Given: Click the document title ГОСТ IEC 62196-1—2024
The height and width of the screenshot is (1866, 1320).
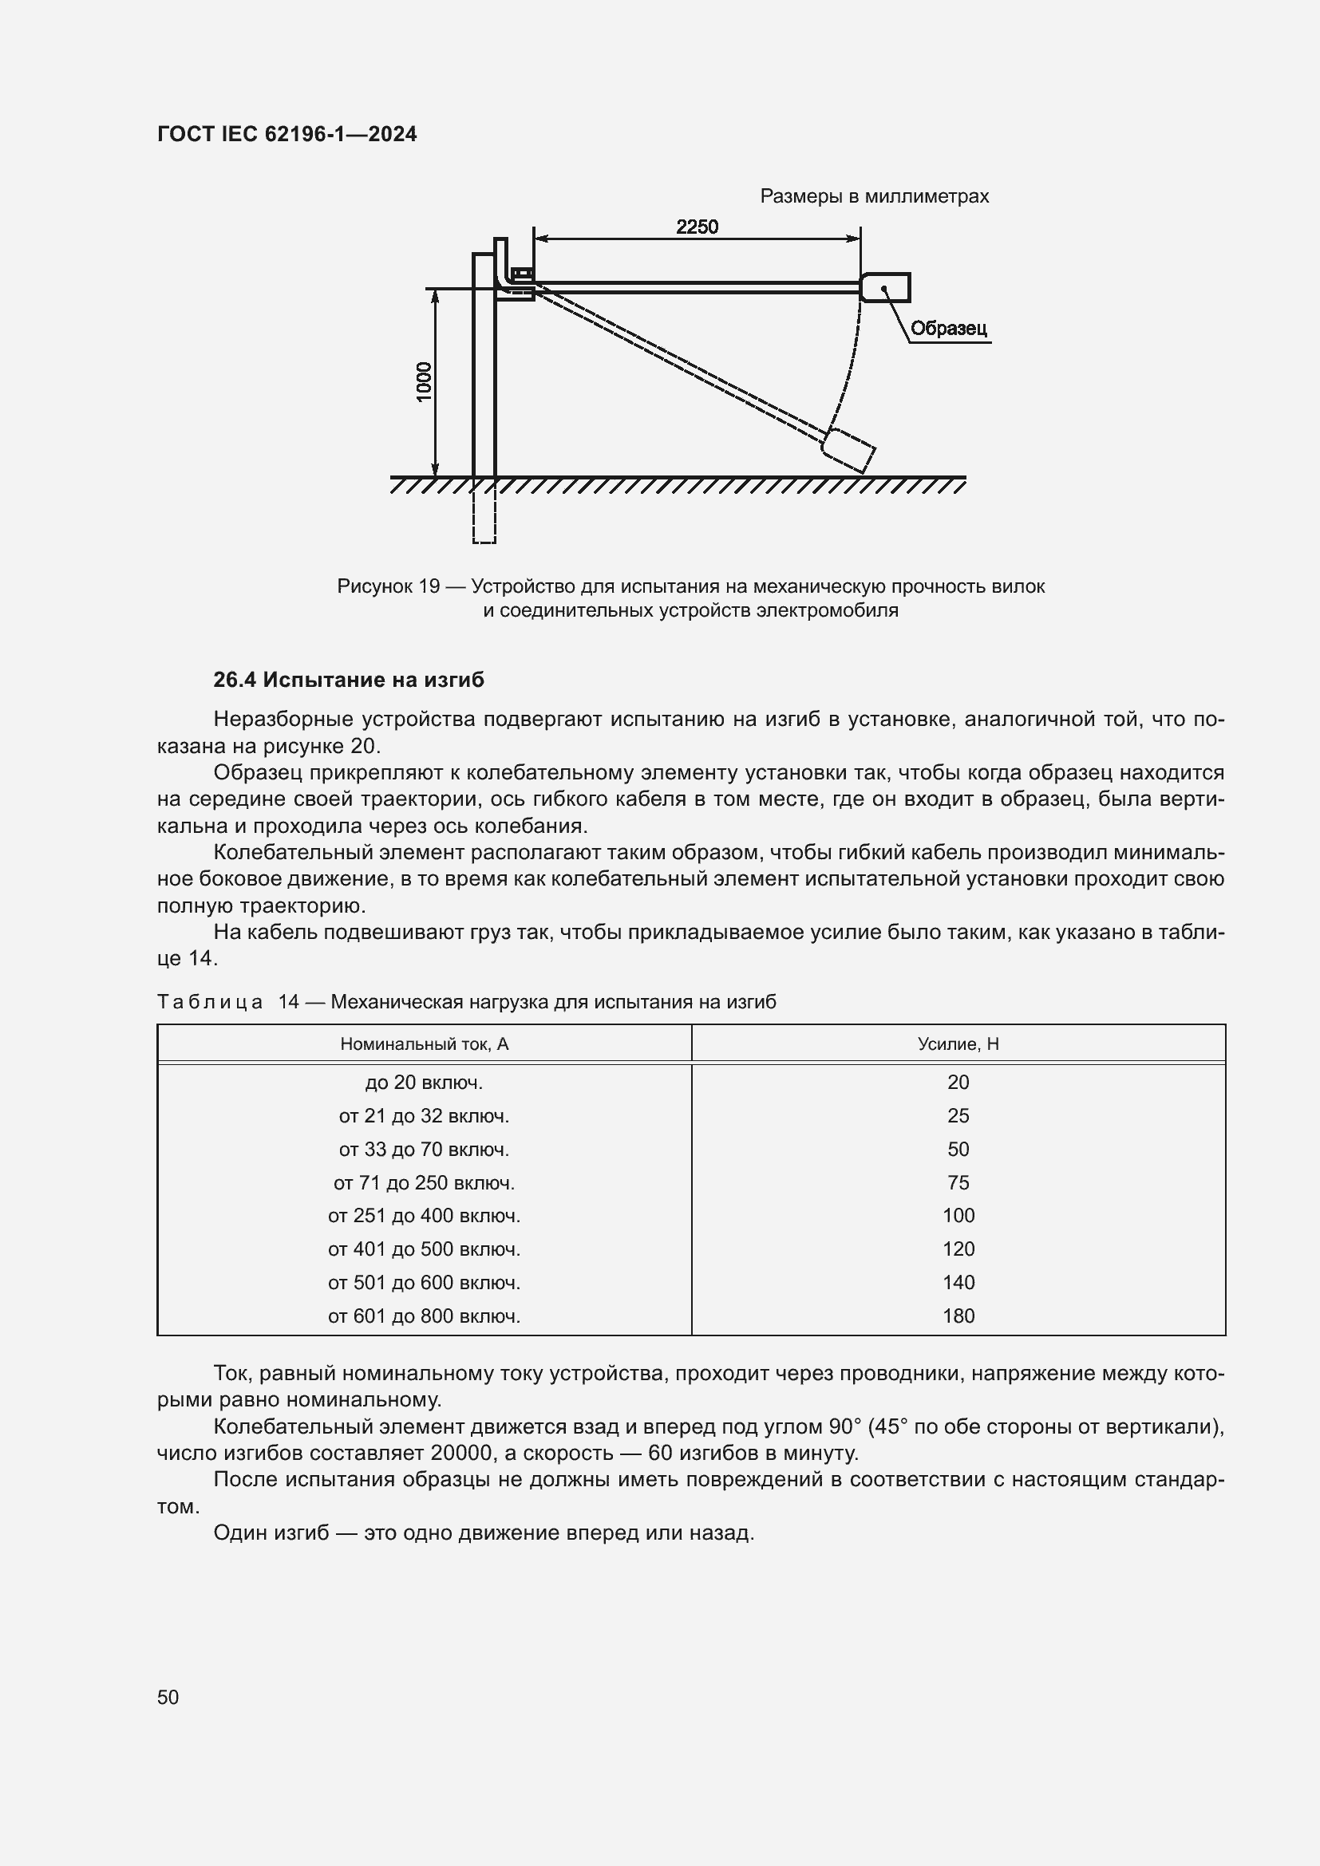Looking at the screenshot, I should (287, 134).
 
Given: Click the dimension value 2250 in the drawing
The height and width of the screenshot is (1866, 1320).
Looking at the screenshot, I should (697, 227).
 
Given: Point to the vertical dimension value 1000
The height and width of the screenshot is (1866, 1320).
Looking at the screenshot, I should (425, 381).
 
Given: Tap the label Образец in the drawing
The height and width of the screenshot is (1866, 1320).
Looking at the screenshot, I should (948, 329).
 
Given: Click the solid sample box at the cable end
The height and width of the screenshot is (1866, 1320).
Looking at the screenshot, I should (885, 287).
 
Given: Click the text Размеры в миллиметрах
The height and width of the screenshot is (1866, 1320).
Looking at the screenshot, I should (874, 196).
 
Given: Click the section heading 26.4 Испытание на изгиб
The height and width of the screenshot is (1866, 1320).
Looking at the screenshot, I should (348, 680).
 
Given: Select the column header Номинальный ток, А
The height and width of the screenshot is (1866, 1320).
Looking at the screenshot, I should (424, 1043).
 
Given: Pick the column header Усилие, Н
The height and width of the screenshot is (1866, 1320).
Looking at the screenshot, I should (958, 1043).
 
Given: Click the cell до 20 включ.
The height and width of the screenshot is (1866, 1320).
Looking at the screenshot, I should (424, 1082).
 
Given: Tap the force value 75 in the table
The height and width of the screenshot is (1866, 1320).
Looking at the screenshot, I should (958, 1182).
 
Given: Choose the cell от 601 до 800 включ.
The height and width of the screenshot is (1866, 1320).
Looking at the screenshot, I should (424, 1316).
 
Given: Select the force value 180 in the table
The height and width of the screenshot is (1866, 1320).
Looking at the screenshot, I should (958, 1316).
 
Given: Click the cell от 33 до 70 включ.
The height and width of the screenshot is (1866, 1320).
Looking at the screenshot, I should (424, 1149).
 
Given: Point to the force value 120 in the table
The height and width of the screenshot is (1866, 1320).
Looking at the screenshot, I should (958, 1249).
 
